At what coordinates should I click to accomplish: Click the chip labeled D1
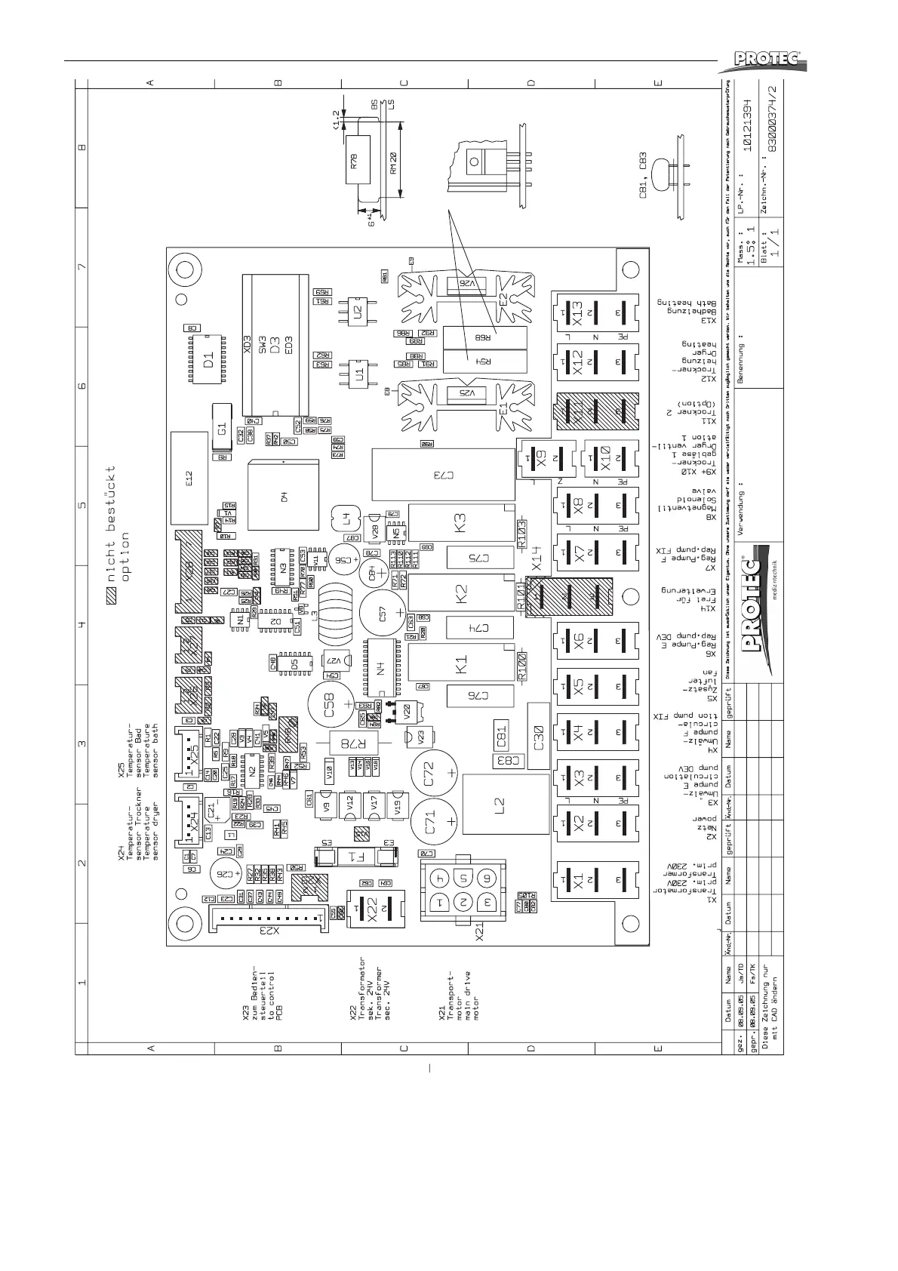pyautogui.click(x=208, y=359)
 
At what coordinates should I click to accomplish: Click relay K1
pyautogui.click(x=460, y=665)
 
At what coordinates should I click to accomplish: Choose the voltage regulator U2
pyautogui.click(x=356, y=309)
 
